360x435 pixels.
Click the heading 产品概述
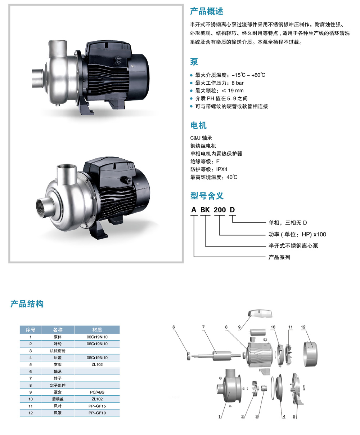206,11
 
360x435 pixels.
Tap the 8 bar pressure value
238,83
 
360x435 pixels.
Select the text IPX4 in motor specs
222,169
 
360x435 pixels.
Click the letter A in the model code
194,210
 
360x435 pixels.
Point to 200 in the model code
220,210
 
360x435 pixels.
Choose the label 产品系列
279,257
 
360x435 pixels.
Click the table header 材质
97,329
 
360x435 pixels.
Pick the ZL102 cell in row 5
97,364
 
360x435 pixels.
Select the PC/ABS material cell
97,392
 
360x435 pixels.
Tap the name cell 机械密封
58,351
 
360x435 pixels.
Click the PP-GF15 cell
97,406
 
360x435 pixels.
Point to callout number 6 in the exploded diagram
174,327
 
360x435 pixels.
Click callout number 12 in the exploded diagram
303,327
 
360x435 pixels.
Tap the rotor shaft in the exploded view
216,355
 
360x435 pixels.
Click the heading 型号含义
207,196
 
